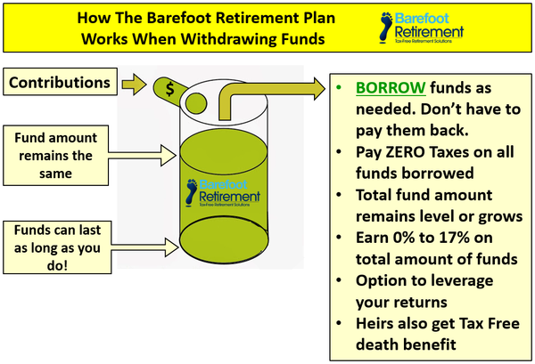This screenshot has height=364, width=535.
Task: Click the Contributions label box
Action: (60, 82)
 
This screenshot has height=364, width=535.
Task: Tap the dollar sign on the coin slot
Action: (169, 89)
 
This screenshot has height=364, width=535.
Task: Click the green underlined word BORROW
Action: (391, 88)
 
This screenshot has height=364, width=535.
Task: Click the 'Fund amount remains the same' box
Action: (55, 155)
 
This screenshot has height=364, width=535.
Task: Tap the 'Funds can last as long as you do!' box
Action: (57, 247)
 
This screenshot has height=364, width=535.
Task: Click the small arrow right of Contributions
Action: (134, 85)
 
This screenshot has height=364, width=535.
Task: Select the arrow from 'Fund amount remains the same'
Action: (143, 155)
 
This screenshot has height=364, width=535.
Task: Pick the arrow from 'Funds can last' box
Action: (144, 247)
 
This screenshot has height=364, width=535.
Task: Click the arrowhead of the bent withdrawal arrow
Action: (319, 89)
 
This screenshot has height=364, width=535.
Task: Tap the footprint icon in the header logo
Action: (386, 28)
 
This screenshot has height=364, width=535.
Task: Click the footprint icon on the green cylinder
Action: (192, 193)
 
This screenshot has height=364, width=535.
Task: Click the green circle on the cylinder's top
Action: (196, 103)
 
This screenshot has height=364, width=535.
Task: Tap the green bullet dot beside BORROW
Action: (339, 87)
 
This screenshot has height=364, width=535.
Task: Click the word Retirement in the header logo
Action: (429, 32)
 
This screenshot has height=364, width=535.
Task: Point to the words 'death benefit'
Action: (406, 344)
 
